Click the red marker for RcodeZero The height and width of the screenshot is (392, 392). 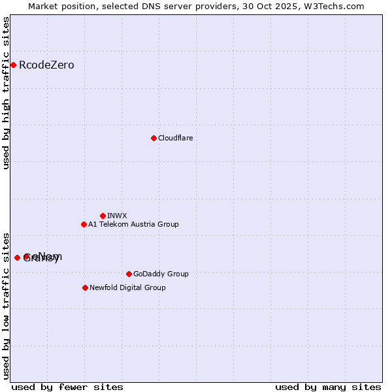coord(13,65)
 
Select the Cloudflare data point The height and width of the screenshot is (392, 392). coord(154,138)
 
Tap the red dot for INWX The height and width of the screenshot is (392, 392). coord(103,216)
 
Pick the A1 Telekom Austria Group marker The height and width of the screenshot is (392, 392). coord(84,224)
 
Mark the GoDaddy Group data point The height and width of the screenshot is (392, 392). coord(129,274)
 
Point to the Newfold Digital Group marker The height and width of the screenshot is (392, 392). coord(85,287)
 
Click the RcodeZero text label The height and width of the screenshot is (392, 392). coord(46,65)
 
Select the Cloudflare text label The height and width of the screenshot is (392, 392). coord(175,138)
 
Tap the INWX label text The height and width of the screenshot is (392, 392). coord(117,216)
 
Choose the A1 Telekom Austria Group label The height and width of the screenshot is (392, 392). coord(133,224)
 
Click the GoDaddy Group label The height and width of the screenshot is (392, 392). coord(160,274)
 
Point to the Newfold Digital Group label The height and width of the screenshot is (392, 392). coord(127,287)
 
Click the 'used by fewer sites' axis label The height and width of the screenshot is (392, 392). coord(67,387)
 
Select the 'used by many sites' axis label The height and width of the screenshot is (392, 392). coord(327,387)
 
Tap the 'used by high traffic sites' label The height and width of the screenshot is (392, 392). coord(7,93)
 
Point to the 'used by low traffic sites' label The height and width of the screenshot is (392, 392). coord(7,305)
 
